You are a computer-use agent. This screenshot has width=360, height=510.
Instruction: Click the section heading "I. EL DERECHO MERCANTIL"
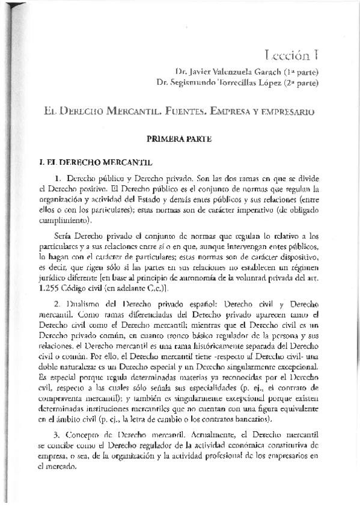(88, 162)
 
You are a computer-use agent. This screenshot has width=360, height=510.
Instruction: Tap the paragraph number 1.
(58, 180)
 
